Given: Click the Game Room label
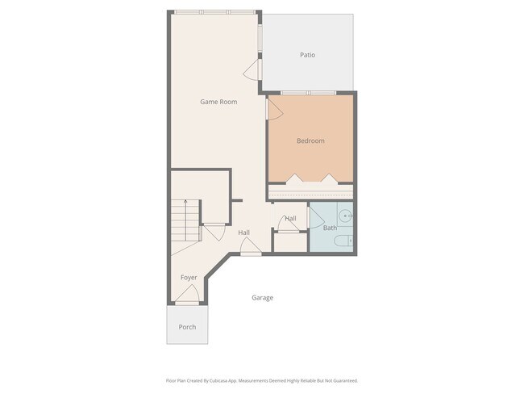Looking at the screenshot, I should coord(218,102).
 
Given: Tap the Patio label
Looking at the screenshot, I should coord(307,55).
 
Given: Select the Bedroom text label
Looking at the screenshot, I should coord(310,140).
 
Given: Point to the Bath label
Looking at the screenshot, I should coord(330,228).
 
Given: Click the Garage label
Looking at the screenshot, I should coord(262,297).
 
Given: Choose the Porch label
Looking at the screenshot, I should coord(187,327).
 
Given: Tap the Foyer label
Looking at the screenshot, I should coord(189,278).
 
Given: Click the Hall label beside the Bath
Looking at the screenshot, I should coord(290,218).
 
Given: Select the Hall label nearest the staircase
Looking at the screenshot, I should coord(243,233).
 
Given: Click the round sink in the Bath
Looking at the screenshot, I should coord(345,216).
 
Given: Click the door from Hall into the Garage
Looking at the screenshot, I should coord(251,246).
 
